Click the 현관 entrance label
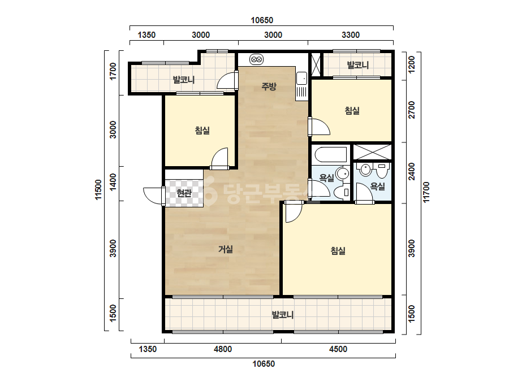click(x=184, y=193)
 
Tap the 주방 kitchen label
click(x=269, y=86)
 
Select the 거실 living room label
click(x=226, y=249)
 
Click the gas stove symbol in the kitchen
click(x=256, y=59)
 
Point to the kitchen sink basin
click(x=302, y=79)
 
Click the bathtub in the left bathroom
click(x=331, y=154)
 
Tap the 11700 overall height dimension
click(x=426, y=192)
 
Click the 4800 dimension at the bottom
click(x=223, y=349)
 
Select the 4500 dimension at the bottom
click(x=338, y=349)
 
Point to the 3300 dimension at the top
click(x=351, y=35)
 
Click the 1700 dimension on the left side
click(x=113, y=71)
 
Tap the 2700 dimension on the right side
click(x=412, y=110)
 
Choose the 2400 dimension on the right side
click(x=412, y=171)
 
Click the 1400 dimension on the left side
click(x=113, y=182)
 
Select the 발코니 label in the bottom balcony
click(x=283, y=314)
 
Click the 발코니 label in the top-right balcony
click(x=358, y=65)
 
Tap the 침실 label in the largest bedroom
click(x=338, y=250)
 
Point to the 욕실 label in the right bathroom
click(x=378, y=186)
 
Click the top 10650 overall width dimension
click(x=262, y=20)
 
